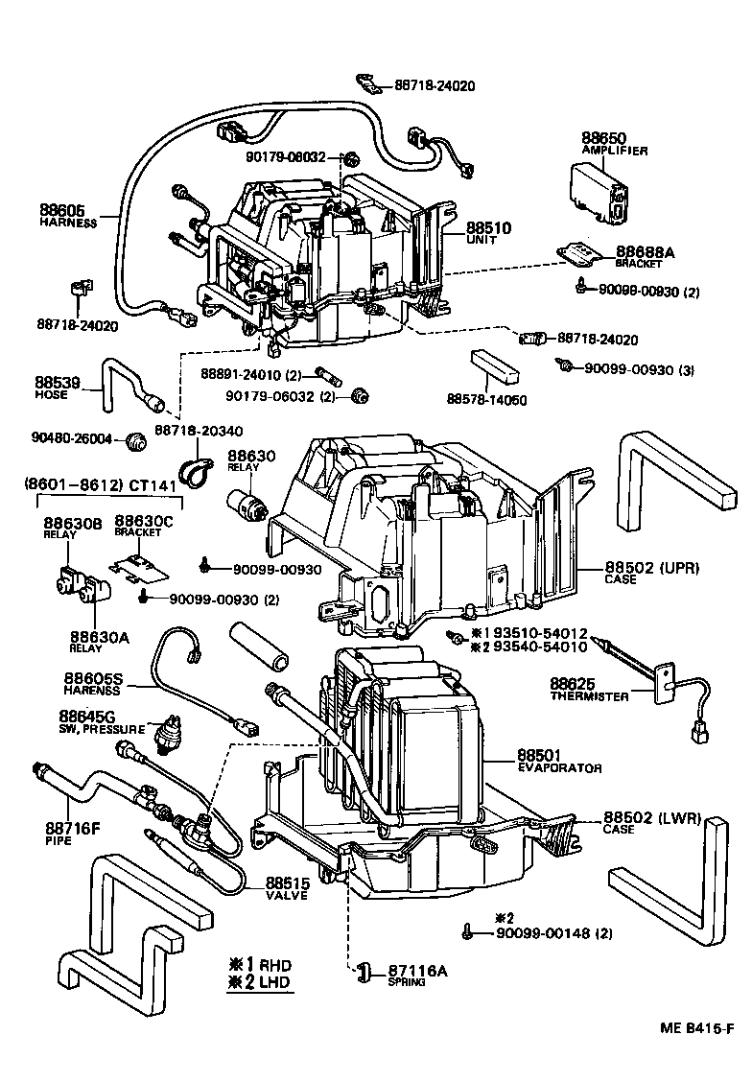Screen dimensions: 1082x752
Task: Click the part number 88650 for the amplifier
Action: click(x=602, y=138)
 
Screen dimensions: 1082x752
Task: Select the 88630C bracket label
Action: click(x=144, y=520)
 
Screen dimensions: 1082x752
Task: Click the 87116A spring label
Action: click(x=417, y=971)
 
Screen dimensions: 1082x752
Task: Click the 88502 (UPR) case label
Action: click(x=652, y=568)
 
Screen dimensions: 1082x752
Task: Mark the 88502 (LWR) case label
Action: click(x=651, y=818)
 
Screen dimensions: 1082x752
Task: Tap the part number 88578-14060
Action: click(x=486, y=398)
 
